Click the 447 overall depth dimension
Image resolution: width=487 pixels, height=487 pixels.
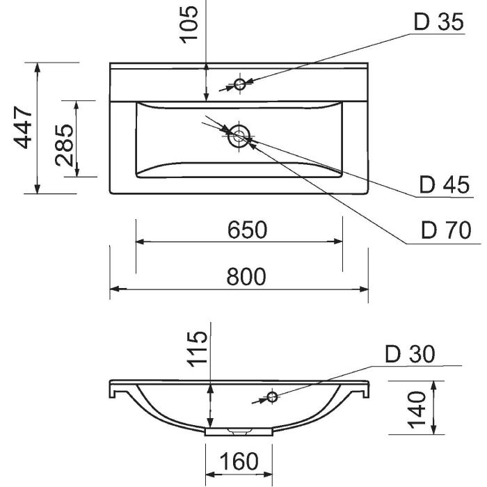[x=23, y=127]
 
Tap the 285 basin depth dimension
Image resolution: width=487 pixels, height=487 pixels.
[x=64, y=145]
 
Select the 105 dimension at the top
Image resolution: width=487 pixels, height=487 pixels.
[x=189, y=24]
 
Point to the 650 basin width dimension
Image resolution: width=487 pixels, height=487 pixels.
[x=247, y=230]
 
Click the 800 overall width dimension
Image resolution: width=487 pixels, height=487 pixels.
[x=246, y=277]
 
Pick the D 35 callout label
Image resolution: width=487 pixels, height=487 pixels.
[x=439, y=22]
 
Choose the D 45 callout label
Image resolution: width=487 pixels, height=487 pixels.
[x=444, y=185]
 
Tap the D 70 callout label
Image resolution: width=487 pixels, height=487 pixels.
[x=446, y=230]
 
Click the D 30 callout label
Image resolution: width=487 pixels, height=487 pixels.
[x=410, y=353]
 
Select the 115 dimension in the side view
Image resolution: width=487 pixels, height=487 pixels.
[x=197, y=349]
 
